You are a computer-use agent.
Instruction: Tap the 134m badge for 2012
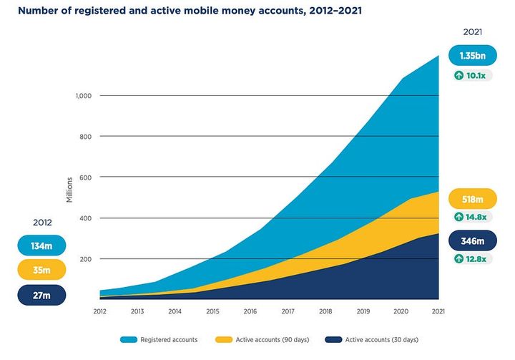point(41,245)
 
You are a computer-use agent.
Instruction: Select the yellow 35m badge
point(41,270)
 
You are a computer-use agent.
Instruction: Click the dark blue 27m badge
point(41,295)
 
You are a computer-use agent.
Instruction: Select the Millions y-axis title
point(69,190)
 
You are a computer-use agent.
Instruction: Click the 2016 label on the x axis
point(250,312)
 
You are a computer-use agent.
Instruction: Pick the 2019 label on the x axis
point(363,312)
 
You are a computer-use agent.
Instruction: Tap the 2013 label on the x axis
point(138,312)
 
